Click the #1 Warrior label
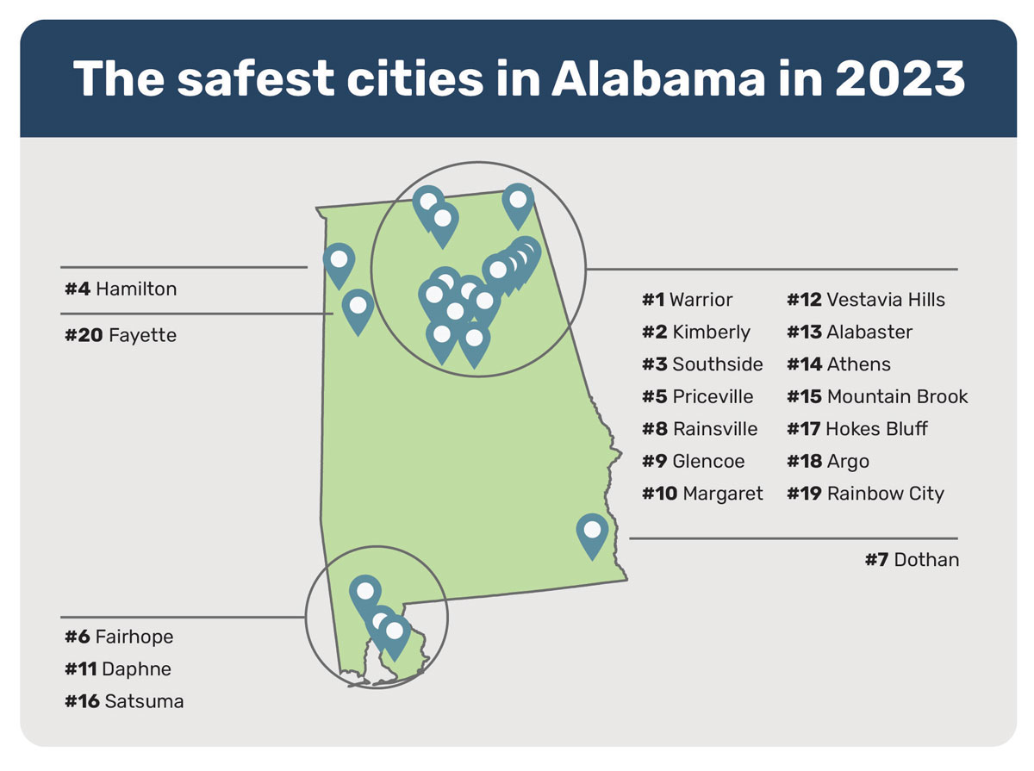click(687, 300)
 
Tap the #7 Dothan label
click(912, 560)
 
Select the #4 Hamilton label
click(121, 289)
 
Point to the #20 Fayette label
click(121, 335)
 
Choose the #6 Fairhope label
click(119, 637)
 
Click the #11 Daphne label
click(118, 669)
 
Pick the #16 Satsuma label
click(124, 701)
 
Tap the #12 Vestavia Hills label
click(865, 300)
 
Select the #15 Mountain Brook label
click(877, 396)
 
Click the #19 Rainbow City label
click(865, 494)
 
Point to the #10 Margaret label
click(702, 494)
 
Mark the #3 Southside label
click(702, 364)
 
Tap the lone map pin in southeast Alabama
click(592, 530)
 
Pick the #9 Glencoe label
click(693, 461)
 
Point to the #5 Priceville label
click(697, 396)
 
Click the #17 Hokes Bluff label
click(856, 429)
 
